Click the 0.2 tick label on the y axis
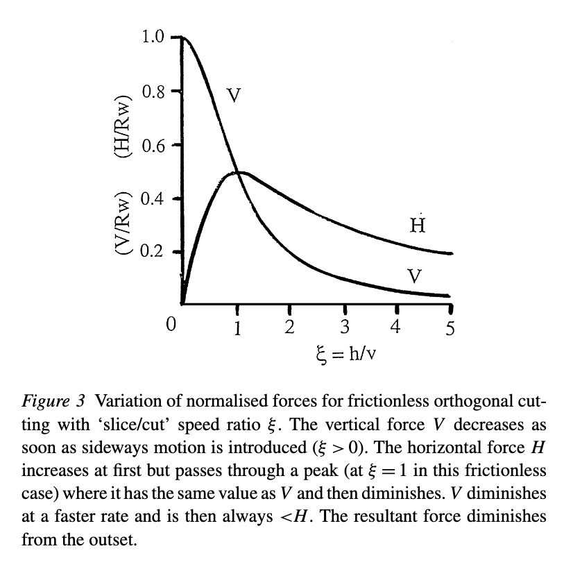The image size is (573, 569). tap(152, 251)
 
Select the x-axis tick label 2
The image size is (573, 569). tap(290, 327)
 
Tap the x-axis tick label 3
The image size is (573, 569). tap(344, 327)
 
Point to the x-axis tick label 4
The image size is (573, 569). tap(396, 327)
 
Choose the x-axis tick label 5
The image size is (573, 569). tap(450, 328)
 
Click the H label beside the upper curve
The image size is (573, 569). tap(417, 226)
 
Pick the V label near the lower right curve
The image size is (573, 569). tap(415, 276)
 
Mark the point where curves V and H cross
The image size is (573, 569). tap(237, 172)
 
